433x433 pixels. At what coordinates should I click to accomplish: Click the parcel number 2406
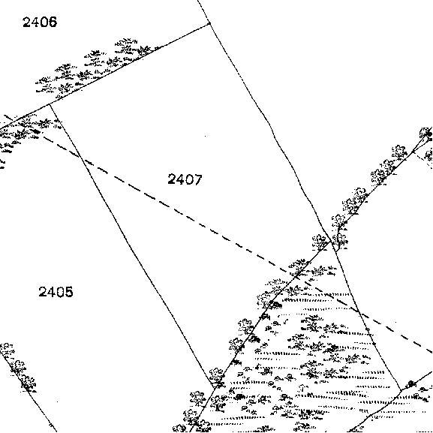pos(40,22)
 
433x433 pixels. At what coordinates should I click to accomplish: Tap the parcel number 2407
pos(185,179)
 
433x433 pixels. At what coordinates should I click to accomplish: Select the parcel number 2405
pos(56,292)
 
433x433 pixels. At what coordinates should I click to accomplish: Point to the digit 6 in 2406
pos(53,22)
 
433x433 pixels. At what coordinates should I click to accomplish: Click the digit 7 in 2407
pos(198,179)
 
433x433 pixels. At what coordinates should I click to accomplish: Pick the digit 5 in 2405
pos(69,292)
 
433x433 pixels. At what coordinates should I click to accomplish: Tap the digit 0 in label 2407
pos(189,179)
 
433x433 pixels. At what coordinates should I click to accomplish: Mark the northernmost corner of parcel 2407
pos(209,24)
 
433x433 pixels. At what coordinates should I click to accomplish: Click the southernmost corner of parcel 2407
pos(215,388)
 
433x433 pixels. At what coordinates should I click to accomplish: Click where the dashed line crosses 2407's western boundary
pos(82,158)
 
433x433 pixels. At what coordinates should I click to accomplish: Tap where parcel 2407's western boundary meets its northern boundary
pos(50,104)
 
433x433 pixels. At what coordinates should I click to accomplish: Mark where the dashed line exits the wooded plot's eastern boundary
pos(359,311)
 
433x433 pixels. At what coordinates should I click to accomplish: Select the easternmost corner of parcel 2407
pos(330,242)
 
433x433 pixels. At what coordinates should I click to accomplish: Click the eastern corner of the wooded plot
pos(401,390)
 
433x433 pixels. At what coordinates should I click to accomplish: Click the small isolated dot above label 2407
pos(205,136)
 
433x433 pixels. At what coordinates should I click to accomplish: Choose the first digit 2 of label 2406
pos(27,22)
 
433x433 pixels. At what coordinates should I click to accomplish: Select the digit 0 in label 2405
pos(60,292)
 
